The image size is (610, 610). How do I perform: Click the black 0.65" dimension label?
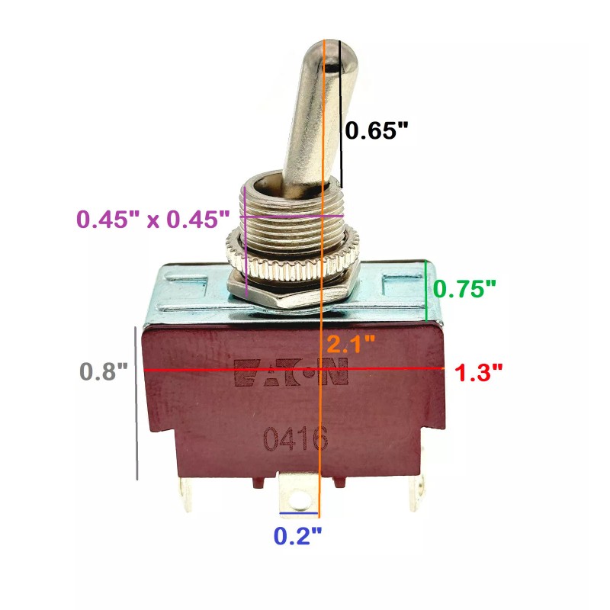[x=377, y=130]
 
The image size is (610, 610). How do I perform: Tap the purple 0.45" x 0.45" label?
[x=153, y=219]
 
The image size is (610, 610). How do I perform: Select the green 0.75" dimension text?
[x=464, y=289]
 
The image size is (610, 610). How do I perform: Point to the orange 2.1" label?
[x=351, y=344]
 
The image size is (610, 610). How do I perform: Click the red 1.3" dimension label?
[x=479, y=372]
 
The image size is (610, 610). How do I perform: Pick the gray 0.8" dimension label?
[x=104, y=371]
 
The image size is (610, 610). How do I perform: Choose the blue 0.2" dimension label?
[x=298, y=536]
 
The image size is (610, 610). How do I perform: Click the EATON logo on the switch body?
[x=291, y=372]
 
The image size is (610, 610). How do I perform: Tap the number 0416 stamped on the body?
[x=296, y=439]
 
